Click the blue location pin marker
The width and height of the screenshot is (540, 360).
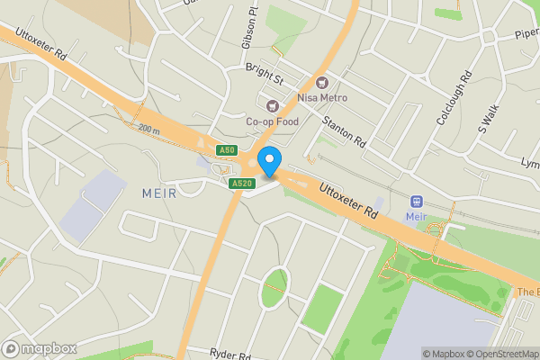[x=268, y=161]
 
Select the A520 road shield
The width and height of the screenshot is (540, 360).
[x=239, y=184]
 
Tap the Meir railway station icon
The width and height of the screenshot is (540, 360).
[x=416, y=202]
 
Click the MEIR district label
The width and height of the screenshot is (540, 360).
[x=160, y=192]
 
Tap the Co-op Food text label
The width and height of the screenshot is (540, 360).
[x=272, y=121]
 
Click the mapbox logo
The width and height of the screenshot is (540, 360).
[x=40, y=348]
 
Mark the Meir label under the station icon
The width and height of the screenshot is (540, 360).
[x=416, y=217]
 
